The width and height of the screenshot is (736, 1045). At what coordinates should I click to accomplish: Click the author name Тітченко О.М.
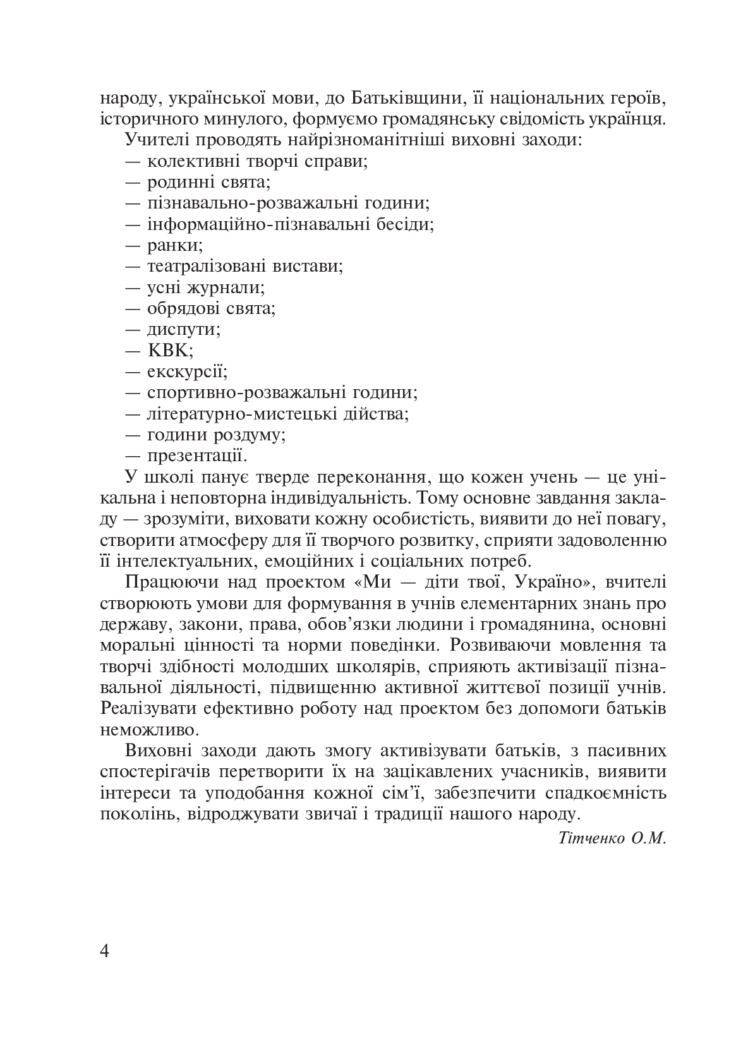(612, 838)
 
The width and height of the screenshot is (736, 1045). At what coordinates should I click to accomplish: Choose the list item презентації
(196, 456)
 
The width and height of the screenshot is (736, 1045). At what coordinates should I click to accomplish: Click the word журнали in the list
(226, 287)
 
